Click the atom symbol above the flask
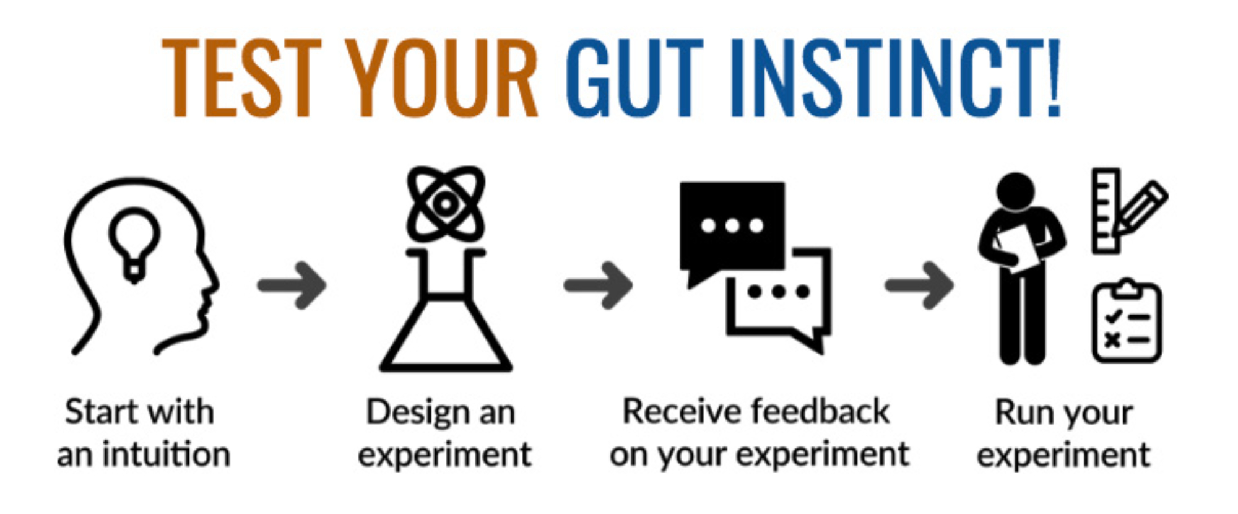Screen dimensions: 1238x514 point(446,204)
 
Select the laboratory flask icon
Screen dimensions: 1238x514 point(446,310)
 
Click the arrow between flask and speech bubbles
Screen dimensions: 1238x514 point(598,285)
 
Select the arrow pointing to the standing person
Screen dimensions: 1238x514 point(919,285)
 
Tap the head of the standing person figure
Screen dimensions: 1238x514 point(1016,193)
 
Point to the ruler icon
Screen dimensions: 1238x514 point(1106,211)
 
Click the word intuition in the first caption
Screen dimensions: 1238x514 point(167,454)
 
